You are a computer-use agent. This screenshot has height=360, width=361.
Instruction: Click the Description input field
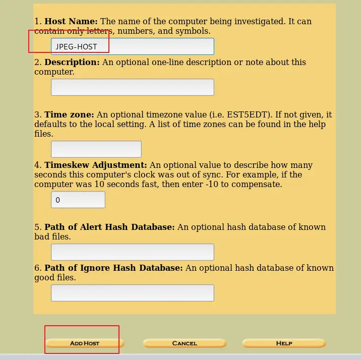pyautogui.click(x=132, y=87)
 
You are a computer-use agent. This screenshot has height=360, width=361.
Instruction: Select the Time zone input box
pyautogui.click(x=96, y=149)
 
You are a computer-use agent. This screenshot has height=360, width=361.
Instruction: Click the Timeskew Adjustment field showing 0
pyautogui.click(x=78, y=200)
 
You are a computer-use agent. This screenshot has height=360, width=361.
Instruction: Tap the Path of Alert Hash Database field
pyautogui.click(x=132, y=252)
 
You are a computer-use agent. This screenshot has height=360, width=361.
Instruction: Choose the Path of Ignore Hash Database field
pyautogui.click(x=132, y=293)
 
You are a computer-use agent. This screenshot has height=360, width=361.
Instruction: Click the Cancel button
pyautogui.click(x=185, y=343)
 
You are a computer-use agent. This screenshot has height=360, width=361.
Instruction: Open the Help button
pyautogui.click(x=284, y=343)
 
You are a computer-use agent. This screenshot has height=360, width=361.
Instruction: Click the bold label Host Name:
pyautogui.click(x=71, y=22)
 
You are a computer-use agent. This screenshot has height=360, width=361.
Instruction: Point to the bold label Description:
pyautogui.click(x=72, y=63)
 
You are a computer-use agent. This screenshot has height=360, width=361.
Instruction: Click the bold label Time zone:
pyautogui.click(x=69, y=115)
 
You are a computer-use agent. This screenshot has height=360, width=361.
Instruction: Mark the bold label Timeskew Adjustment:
pyautogui.click(x=96, y=165)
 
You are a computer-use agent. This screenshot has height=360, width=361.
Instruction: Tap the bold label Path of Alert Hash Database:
pyautogui.click(x=109, y=227)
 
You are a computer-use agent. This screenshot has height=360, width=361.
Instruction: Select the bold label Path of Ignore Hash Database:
pyautogui.click(x=113, y=268)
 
